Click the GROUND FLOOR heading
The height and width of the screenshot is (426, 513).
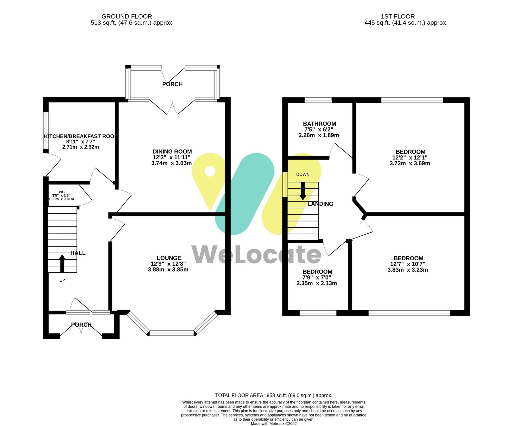(x=127, y=16)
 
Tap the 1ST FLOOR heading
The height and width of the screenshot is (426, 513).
(x=398, y=16)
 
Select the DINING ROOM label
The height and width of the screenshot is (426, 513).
(x=172, y=152)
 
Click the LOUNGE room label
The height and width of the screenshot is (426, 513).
(x=169, y=258)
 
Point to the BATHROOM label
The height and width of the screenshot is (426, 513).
(x=319, y=124)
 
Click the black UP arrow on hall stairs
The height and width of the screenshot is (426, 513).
(x=62, y=263)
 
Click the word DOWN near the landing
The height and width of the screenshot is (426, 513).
(x=303, y=174)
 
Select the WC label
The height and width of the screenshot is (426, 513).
(x=62, y=192)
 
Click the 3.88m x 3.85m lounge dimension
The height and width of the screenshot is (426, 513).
(x=168, y=270)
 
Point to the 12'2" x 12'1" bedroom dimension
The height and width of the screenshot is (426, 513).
(x=410, y=158)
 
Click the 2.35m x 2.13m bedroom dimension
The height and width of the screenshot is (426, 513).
(x=317, y=283)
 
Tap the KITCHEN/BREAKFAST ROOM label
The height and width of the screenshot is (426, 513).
(x=80, y=136)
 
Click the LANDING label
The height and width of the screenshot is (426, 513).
(x=320, y=204)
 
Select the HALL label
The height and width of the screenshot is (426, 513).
(x=78, y=253)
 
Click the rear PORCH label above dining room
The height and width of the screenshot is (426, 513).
(x=172, y=84)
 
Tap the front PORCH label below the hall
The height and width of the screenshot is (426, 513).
(x=81, y=325)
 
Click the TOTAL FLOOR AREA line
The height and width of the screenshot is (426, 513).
(x=273, y=395)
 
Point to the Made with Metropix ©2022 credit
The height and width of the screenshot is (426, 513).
(x=273, y=424)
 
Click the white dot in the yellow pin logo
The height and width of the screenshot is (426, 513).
(x=210, y=171)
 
